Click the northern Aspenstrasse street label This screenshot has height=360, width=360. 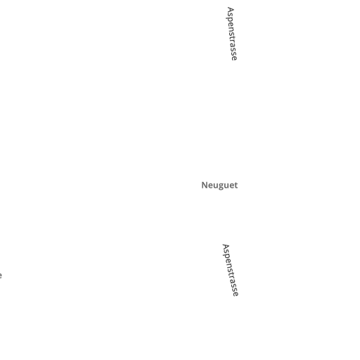[232, 34]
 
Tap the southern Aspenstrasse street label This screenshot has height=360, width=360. [230, 270]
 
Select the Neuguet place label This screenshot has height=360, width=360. [219, 186]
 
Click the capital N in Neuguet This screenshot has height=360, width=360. [205, 185]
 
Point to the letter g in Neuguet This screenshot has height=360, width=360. [221, 186]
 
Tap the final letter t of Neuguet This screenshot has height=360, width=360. [236, 186]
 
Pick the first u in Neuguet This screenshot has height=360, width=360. [215, 186]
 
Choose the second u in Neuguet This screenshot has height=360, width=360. [226, 186]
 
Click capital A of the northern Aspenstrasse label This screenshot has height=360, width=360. [231, 10]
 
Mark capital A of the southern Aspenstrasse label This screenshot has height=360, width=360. [226, 247]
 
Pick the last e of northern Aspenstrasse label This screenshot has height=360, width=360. [234, 58]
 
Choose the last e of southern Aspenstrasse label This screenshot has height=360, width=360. [236, 294]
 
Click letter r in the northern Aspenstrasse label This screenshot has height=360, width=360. [233, 41]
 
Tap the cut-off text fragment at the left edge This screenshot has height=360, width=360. [1, 276]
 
